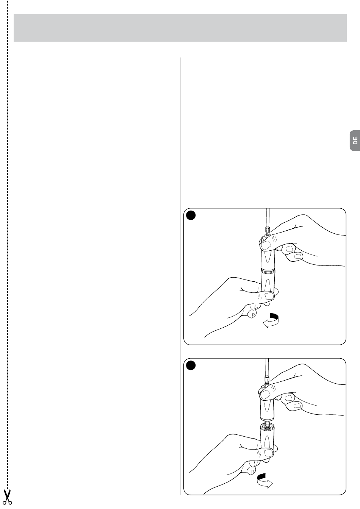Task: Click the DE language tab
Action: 355,141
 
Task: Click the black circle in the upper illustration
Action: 191,215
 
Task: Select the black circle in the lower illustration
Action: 191,365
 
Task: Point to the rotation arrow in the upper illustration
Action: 271,320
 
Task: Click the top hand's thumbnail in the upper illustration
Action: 266,245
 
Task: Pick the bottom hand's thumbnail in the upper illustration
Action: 270,296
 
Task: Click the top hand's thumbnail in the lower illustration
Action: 265,395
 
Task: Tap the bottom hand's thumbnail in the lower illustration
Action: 269,453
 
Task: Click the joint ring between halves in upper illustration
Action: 268,270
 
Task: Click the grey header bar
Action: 180,28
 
